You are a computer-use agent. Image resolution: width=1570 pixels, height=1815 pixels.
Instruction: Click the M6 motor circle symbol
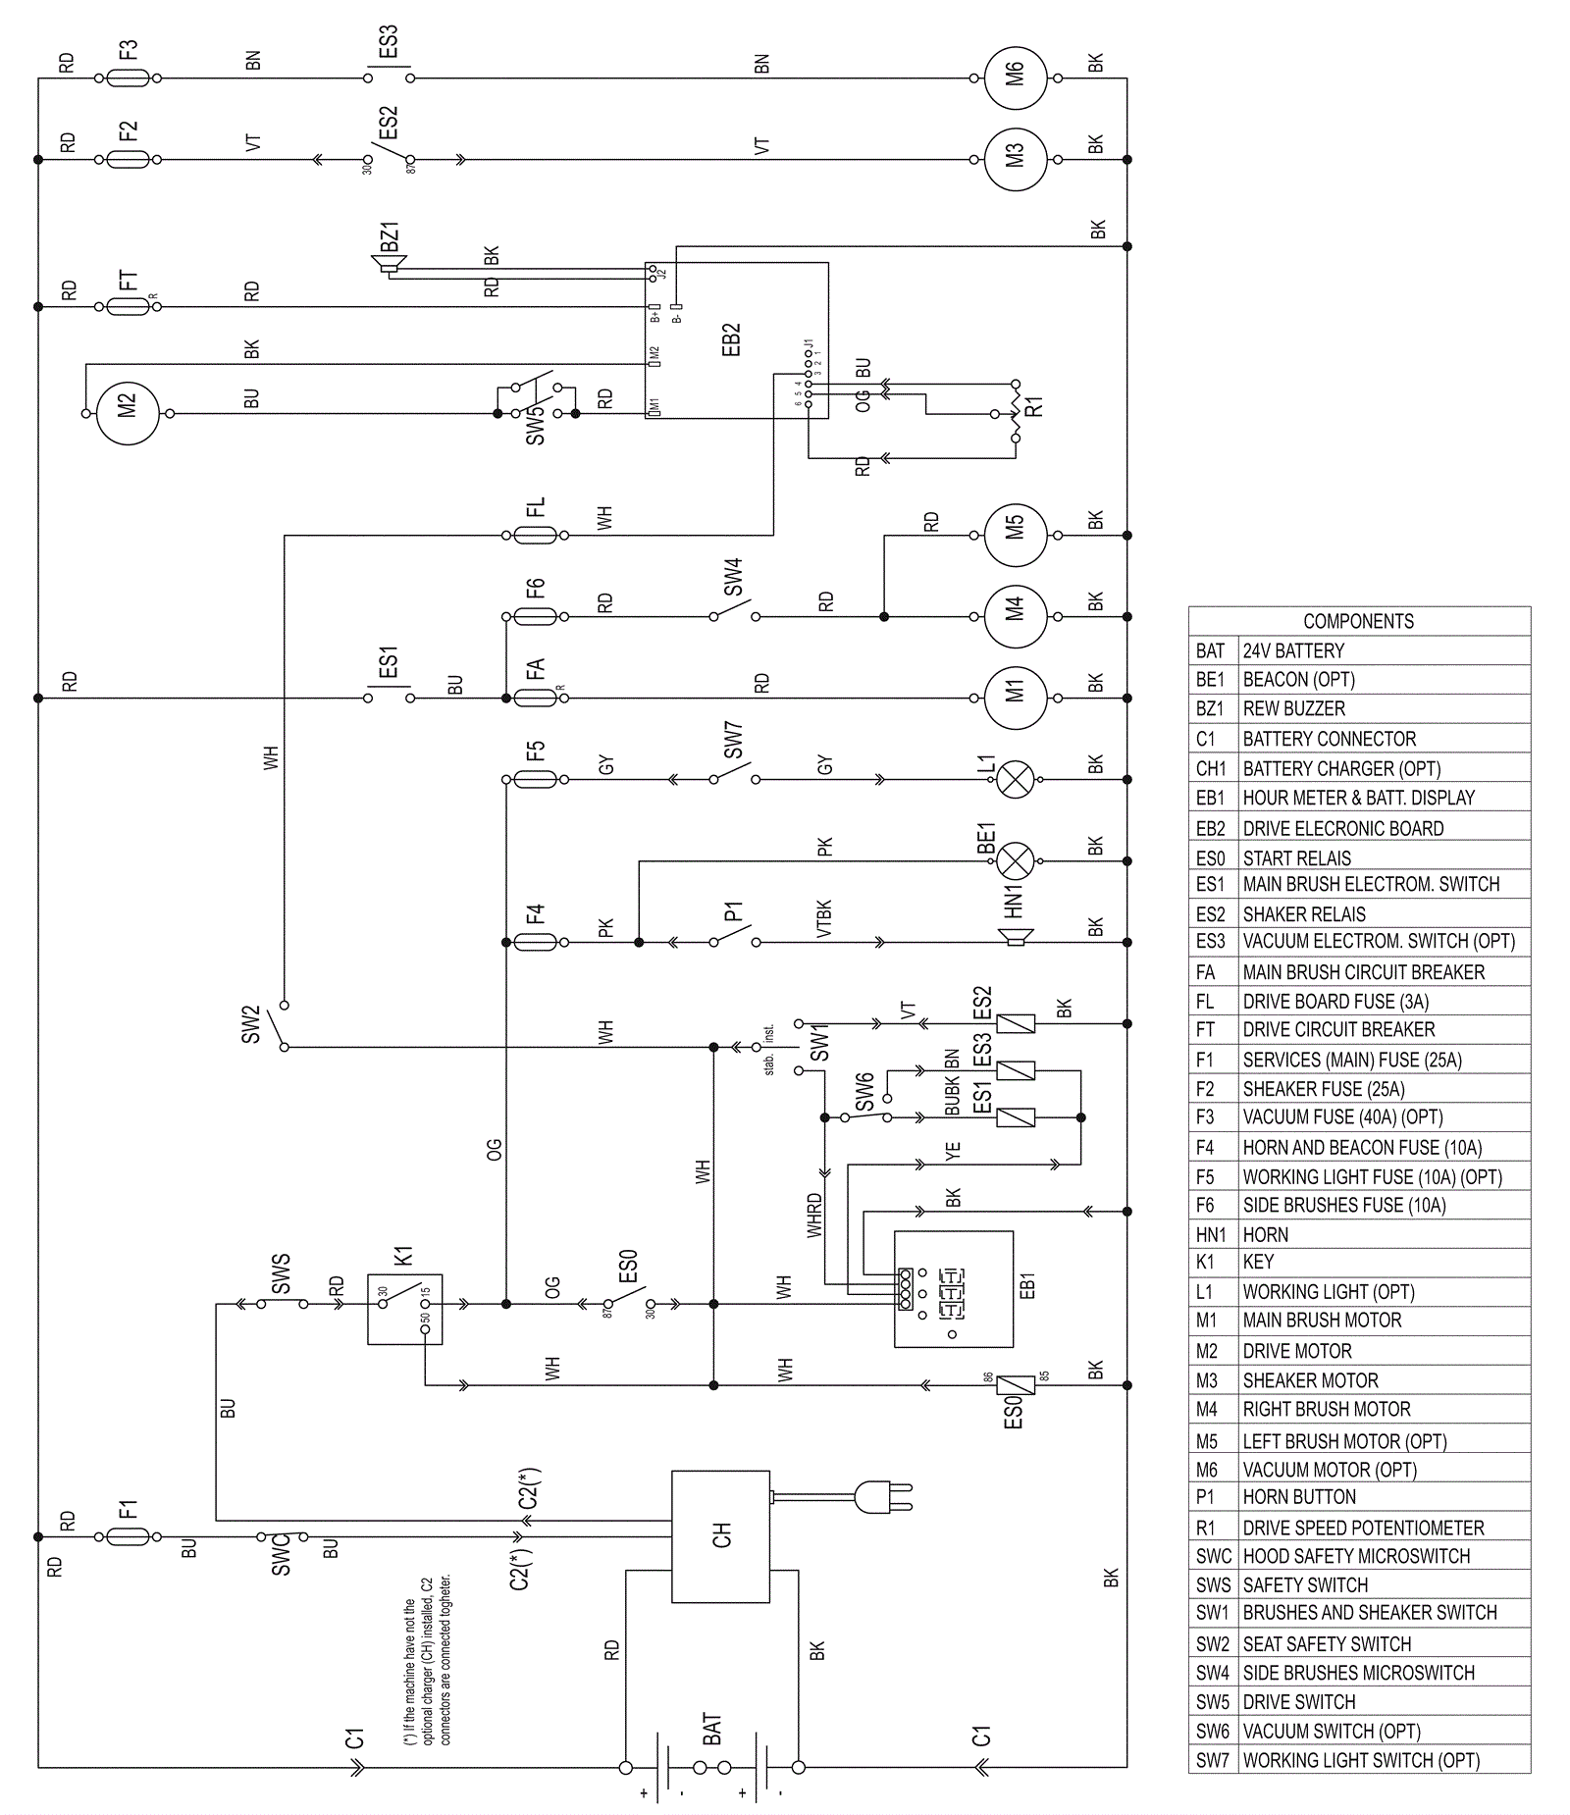[x=1016, y=78]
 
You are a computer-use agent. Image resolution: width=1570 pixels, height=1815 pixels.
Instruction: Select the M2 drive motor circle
[x=128, y=413]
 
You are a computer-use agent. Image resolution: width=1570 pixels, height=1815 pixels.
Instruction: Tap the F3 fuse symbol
[x=128, y=78]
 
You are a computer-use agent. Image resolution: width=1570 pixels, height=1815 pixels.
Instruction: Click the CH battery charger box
[x=720, y=1536]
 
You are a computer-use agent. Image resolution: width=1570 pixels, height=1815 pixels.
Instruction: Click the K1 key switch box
[x=404, y=1308]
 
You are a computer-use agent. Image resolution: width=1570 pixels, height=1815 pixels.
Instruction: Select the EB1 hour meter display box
[x=953, y=1288]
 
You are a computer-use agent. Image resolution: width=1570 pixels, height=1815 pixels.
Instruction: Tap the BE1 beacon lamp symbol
[x=1016, y=861]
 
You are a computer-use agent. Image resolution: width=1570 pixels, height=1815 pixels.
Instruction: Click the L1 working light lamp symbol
[x=1016, y=780]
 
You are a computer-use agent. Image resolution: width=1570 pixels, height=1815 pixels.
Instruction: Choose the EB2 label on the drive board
[x=731, y=339]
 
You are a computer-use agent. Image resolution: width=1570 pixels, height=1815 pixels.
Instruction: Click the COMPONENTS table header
[x=1359, y=621]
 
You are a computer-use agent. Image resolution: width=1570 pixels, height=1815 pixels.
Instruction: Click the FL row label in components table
[x=1206, y=1002]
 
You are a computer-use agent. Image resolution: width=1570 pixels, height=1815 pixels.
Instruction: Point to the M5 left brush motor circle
[x=1016, y=536]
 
